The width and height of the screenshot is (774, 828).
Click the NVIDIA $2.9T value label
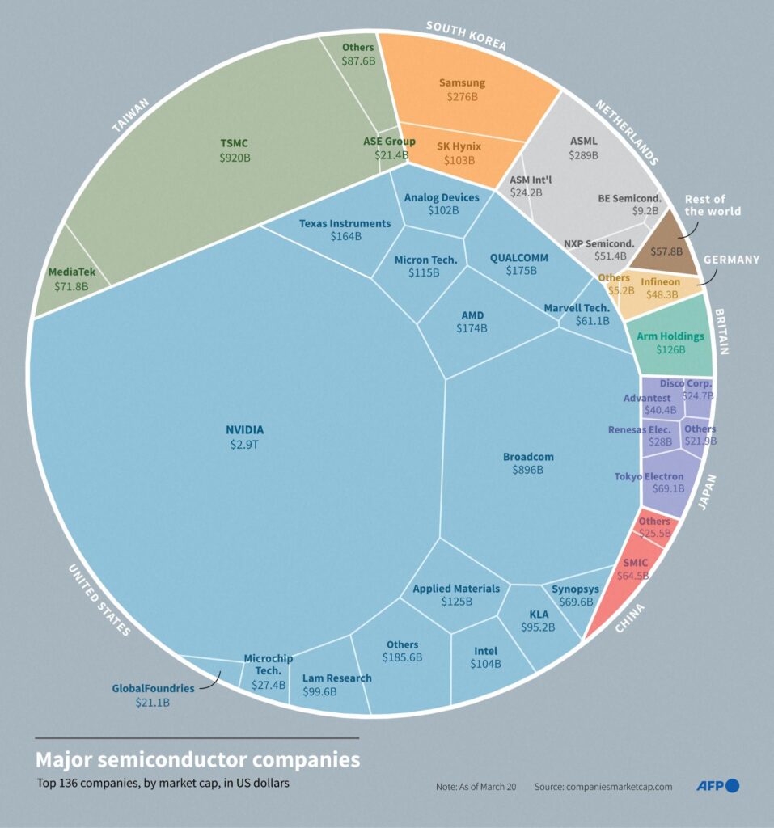tap(244, 446)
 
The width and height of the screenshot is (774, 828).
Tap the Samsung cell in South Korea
tap(462, 89)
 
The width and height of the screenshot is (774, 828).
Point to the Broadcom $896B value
tap(527, 470)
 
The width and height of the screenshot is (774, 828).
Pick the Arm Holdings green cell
tap(670, 342)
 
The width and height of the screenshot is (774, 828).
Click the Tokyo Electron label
tap(649, 476)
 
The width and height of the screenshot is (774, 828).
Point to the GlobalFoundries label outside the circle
tap(153, 688)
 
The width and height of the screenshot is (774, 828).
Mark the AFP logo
tap(718, 785)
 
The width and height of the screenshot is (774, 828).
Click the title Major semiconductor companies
tap(197, 760)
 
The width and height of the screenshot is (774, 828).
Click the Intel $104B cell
tap(485, 657)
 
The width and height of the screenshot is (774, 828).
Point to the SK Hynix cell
tap(459, 153)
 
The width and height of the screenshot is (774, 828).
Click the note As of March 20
tap(476, 786)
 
